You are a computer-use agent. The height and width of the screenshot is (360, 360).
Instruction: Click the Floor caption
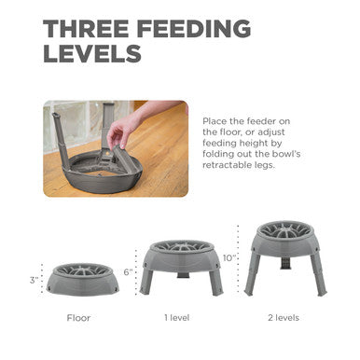78,317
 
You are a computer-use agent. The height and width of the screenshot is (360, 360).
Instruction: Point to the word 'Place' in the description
216,121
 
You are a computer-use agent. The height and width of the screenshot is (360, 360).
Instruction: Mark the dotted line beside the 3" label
43,280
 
